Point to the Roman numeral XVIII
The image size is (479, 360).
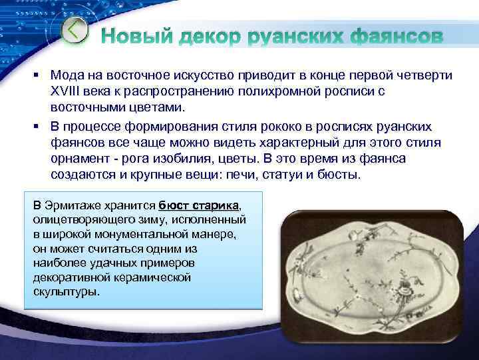(x=67, y=90)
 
